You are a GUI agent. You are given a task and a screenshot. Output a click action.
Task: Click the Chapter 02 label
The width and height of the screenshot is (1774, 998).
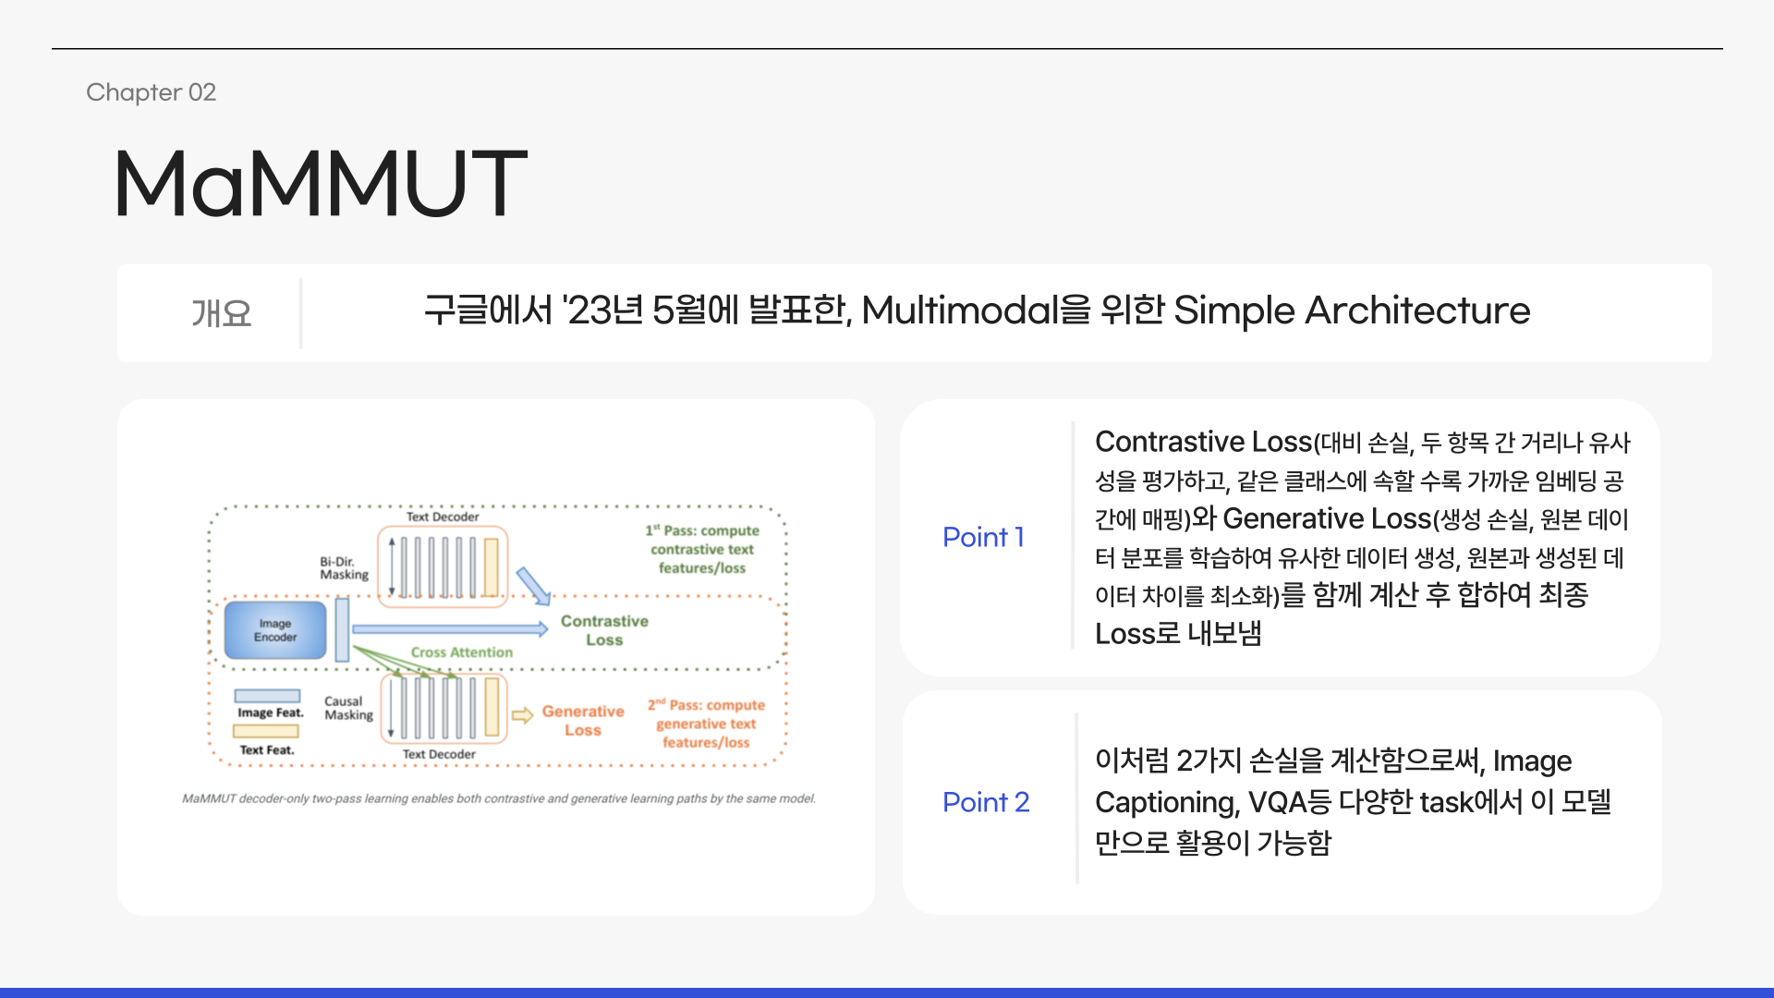[151, 92]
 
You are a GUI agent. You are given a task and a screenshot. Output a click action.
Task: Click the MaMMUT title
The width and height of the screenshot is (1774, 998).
[320, 184]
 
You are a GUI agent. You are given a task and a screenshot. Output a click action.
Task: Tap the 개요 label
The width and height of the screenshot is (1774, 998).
[221, 313]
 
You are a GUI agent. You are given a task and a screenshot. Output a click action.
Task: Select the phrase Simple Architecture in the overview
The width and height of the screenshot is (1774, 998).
[1351, 310]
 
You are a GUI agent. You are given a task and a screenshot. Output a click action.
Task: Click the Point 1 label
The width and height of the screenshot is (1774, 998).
[983, 537]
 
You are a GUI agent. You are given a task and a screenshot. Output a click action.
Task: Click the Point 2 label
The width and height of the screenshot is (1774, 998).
[985, 802]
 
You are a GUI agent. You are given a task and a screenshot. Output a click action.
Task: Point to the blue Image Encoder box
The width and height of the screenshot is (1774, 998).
[275, 630]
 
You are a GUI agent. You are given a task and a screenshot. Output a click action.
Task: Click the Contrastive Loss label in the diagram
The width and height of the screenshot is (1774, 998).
[604, 630]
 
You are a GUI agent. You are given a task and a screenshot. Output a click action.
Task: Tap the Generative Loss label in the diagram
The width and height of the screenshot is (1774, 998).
[582, 720]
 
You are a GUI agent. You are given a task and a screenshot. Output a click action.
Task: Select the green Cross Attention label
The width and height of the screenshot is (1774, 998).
[461, 652]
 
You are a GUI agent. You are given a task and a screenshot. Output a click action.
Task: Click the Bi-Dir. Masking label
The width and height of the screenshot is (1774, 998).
[344, 567]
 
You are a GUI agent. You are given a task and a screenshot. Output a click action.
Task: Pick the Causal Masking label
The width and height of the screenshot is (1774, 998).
[348, 708]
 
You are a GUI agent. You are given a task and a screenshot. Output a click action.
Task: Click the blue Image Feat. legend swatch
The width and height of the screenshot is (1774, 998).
[267, 696]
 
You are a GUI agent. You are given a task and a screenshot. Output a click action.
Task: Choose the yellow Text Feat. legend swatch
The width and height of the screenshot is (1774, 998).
[266, 731]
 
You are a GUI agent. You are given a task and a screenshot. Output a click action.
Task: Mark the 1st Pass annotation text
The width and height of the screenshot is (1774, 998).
[702, 549]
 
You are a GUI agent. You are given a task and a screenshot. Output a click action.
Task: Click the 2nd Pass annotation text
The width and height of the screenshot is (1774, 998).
[706, 724]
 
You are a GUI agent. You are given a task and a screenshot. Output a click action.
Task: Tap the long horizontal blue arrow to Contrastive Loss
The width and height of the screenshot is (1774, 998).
[449, 629]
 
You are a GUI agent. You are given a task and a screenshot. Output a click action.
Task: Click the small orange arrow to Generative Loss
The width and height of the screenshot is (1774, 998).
[522, 715]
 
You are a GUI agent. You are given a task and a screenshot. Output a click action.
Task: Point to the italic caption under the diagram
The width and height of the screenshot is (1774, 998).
[499, 798]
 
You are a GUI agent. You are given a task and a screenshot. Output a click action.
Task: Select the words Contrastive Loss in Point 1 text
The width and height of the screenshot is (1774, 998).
[1203, 442]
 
